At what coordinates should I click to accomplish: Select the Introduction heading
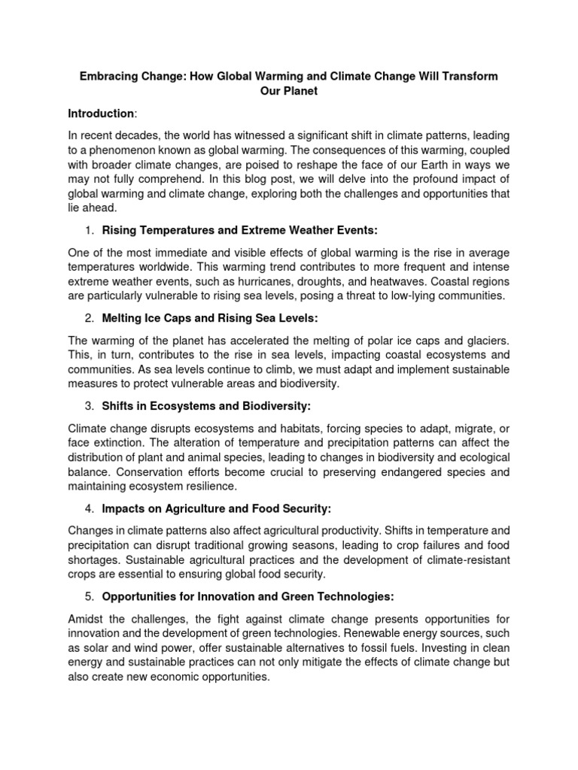click(x=101, y=114)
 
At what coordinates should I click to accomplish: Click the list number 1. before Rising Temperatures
click(x=89, y=230)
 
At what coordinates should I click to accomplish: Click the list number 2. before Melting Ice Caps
click(x=89, y=318)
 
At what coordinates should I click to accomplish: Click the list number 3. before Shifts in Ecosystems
click(x=89, y=406)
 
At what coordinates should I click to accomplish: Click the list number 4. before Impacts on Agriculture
click(x=89, y=508)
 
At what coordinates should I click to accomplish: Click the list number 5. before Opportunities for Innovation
click(x=89, y=596)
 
